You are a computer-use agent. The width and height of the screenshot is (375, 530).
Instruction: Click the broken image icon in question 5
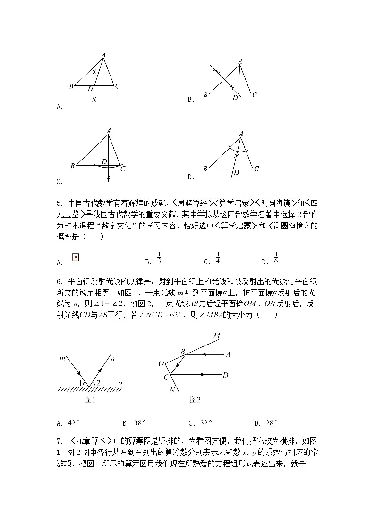(x=75, y=257)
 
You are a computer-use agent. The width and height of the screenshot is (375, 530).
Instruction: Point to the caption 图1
(x=90, y=400)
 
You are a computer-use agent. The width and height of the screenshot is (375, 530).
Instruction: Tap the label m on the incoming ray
(x=62, y=359)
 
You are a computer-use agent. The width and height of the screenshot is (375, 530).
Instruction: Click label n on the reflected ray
(x=114, y=359)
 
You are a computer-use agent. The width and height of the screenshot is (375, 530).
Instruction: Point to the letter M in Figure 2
(x=217, y=336)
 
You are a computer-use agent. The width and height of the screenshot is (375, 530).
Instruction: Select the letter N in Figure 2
(x=172, y=391)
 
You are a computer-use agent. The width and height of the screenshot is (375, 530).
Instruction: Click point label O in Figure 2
(x=161, y=363)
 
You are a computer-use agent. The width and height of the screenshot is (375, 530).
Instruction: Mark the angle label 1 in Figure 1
(x=81, y=382)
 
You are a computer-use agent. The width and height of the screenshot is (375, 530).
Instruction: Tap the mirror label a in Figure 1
(x=121, y=383)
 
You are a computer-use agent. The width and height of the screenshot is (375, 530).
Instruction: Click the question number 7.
(x=59, y=441)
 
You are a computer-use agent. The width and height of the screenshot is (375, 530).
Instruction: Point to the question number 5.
(x=59, y=203)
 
